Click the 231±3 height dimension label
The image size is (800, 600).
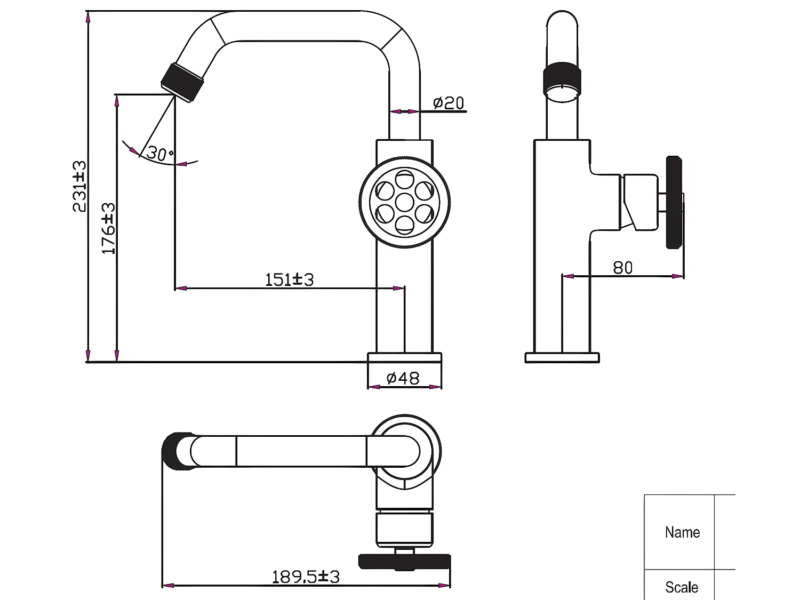79,186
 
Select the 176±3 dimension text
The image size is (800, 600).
108,228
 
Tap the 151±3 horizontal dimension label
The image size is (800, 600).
290,279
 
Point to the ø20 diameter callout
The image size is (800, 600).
449,102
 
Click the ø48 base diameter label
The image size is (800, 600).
403,378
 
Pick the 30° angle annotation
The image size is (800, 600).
159,154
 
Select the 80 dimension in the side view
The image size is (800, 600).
622,267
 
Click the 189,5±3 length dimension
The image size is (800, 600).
306,577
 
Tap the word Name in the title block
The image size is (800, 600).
682,532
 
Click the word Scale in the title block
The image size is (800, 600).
682,587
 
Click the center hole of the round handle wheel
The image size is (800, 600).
404,203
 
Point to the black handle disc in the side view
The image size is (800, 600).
674,203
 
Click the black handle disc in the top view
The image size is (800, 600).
404,561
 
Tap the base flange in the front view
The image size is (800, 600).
404,358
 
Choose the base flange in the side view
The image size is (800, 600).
562,358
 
